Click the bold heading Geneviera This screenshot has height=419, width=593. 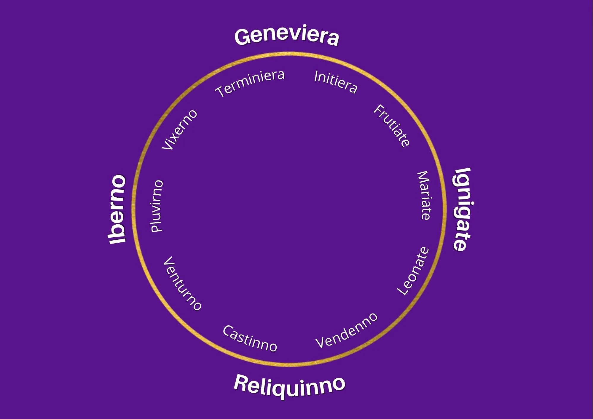[286, 36]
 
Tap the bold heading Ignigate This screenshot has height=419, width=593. [463, 209]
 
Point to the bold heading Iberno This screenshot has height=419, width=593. [117, 209]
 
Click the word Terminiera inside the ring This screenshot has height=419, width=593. [250, 83]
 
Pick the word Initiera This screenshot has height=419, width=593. [336, 82]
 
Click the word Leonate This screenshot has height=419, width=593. [413, 271]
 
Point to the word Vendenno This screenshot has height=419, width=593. [346, 330]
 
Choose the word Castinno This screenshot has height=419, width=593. [250, 338]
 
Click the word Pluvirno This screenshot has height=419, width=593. [157, 206]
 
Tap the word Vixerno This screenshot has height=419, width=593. [180, 129]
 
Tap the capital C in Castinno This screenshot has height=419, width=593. [228, 330]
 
